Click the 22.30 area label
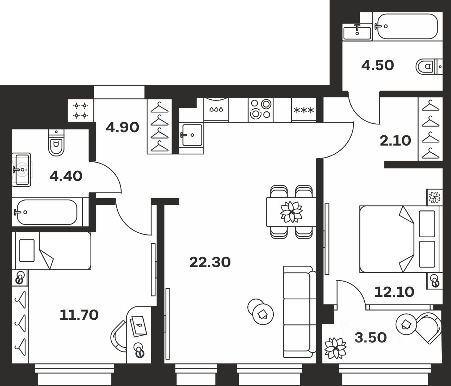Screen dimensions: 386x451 pyautogui.click(x=210, y=262)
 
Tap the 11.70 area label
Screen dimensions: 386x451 pyautogui.click(x=79, y=315)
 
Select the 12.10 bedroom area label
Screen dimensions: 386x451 pyautogui.click(x=394, y=292)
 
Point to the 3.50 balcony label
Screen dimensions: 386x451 pyautogui.click(x=370, y=337)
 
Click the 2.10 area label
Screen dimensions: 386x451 pyautogui.click(x=395, y=141)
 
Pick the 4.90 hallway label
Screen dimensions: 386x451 pyautogui.click(x=122, y=127)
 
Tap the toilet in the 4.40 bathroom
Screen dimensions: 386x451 pyautogui.click(x=57, y=143)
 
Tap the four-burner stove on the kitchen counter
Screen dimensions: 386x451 pyautogui.click(x=260, y=109)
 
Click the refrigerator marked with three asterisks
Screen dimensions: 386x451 pyautogui.click(x=303, y=110)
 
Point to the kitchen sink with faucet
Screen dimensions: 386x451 pyautogui.click(x=192, y=135)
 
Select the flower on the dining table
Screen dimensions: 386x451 pyautogui.click(x=291, y=212)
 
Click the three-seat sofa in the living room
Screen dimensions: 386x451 pyautogui.click(x=298, y=309)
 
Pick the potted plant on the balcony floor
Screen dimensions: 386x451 pyautogui.click(x=335, y=348)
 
